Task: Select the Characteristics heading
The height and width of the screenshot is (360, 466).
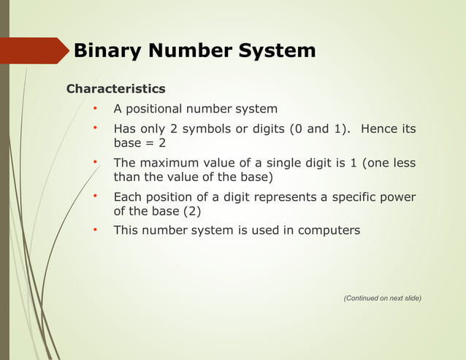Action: (115, 89)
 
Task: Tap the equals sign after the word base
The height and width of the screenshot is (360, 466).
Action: (149, 143)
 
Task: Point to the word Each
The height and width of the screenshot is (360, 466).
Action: (127, 197)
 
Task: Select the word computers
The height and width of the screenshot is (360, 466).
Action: (326, 231)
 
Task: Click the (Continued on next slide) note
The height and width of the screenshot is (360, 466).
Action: (382, 298)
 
